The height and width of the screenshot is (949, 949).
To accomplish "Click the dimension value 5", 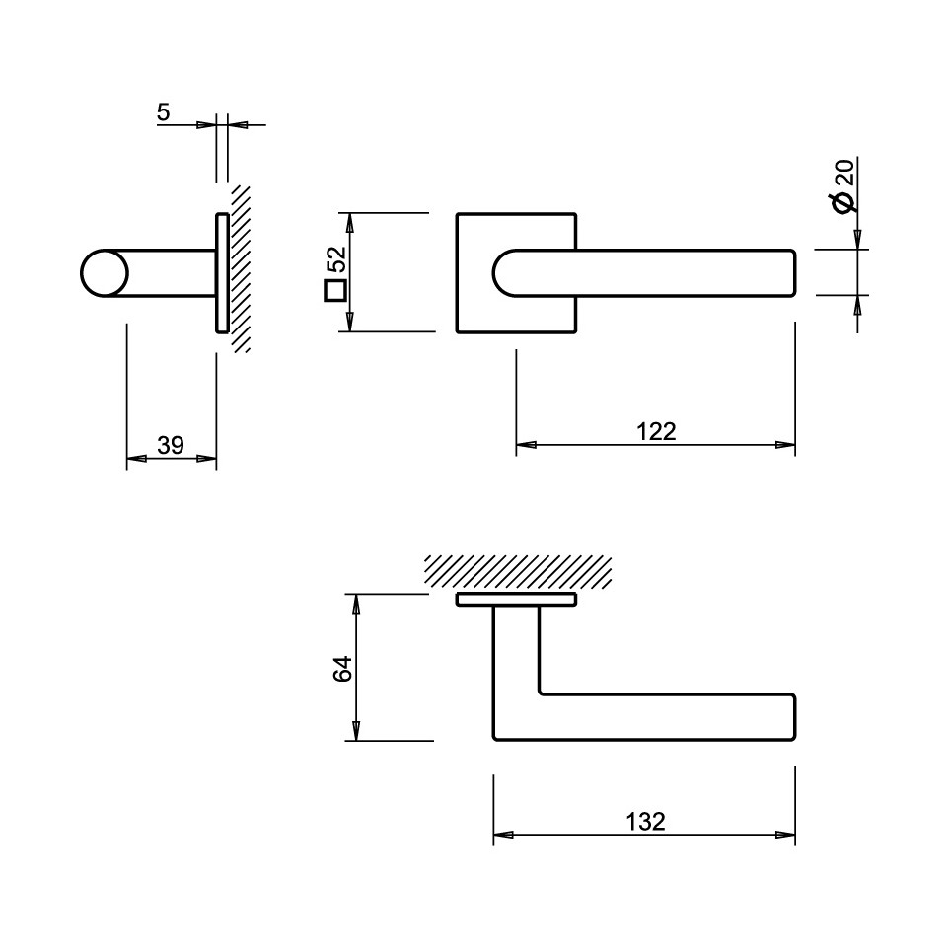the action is click(x=164, y=112).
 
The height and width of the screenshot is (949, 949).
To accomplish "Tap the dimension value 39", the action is click(x=171, y=446).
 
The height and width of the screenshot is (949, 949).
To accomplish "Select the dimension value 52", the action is click(x=336, y=259).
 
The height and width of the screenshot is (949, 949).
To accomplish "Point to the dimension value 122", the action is click(x=656, y=431).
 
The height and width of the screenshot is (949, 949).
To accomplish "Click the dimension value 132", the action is click(x=645, y=822).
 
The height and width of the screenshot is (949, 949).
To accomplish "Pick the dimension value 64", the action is click(x=343, y=668).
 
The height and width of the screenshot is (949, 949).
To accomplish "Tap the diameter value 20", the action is click(x=844, y=172).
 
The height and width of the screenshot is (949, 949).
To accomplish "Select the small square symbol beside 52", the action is click(x=335, y=290).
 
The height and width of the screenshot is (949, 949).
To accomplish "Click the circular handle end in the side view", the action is click(x=105, y=273).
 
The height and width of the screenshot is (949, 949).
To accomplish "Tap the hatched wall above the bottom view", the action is click(x=518, y=572).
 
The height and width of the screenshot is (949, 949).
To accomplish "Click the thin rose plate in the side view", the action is click(x=222, y=273).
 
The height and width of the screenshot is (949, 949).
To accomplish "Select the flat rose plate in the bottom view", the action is click(x=516, y=600).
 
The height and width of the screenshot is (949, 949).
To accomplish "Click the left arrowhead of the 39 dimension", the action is click(x=136, y=458).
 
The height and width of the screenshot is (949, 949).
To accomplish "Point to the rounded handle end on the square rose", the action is click(x=503, y=273).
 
